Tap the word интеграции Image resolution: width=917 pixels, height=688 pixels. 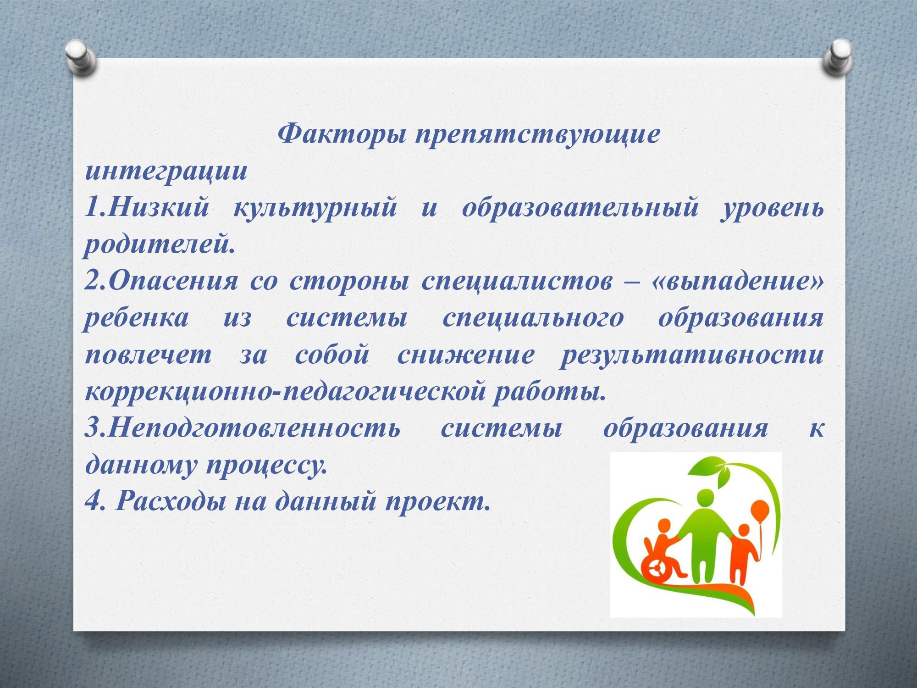click(166, 171)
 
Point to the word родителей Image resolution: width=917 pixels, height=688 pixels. click(160, 244)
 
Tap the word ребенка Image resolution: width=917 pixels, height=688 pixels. click(137, 317)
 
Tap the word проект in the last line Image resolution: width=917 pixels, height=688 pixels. click(438, 501)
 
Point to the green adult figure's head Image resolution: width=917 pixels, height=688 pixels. click(705, 499)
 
